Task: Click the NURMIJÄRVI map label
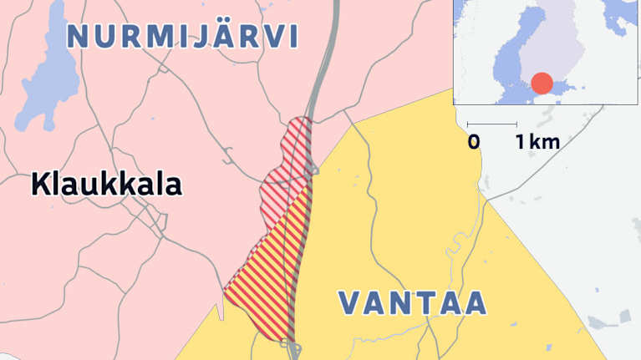click(182, 36)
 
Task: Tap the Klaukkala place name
click(106, 185)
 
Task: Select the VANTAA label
click(413, 303)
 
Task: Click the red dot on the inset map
click(542, 84)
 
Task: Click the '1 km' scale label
click(537, 143)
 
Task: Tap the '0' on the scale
click(474, 143)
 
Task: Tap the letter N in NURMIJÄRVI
click(79, 37)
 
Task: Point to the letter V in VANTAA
click(351, 303)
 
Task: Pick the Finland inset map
click(547, 53)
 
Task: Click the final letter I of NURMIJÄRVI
click(293, 37)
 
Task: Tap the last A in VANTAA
click(474, 303)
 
